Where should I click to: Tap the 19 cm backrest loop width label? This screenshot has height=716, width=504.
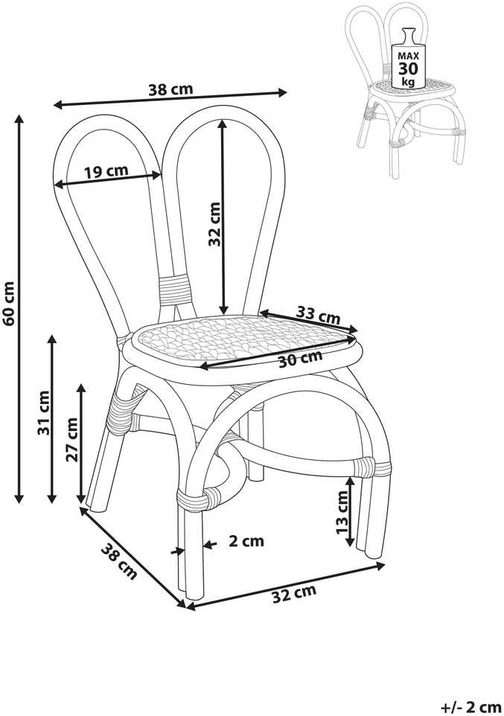click(x=106, y=172)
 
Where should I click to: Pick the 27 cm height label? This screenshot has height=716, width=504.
click(x=72, y=439)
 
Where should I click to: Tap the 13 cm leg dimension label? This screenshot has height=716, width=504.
click(x=342, y=512)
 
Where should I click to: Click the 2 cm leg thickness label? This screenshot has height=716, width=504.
click(x=246, y=541)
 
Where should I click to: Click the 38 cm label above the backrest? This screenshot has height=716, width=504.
click(x=170, y=89)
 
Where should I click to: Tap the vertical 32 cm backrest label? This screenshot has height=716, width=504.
click(x=214, y=224)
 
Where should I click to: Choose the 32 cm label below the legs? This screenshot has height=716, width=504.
click(x=294, y=593)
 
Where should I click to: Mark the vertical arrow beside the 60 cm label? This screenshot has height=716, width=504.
click(x=19, y=309)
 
